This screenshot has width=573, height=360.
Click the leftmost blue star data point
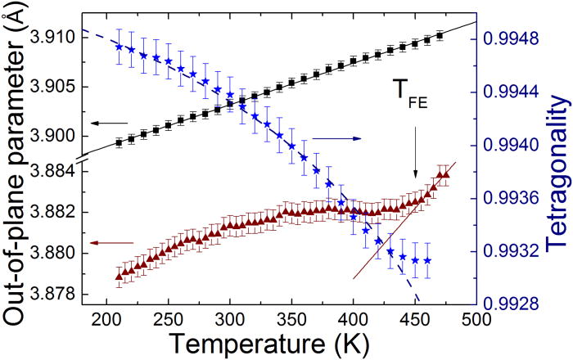(x=120, y=47)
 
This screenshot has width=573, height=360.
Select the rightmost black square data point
(x=440, y=35)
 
